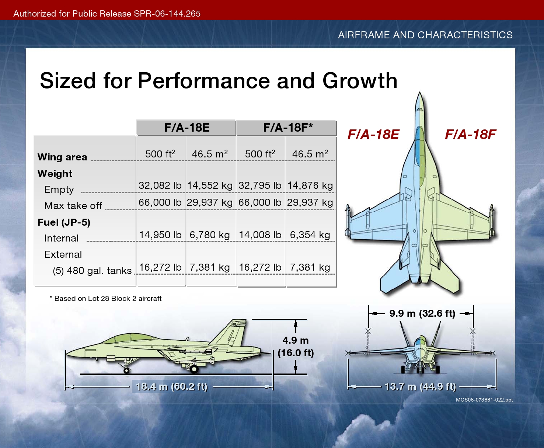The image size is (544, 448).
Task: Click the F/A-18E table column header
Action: (187, 128)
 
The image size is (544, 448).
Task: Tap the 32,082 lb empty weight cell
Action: (160, 185)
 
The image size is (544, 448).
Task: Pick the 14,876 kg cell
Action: (310, 185)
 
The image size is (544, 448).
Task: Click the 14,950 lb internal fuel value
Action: (160, 235)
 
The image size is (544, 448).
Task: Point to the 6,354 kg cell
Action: (310, 235)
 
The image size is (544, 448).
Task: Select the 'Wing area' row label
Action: (62, 157)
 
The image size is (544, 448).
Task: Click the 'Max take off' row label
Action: (73, 206)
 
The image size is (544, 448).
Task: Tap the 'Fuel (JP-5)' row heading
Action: (64, 222)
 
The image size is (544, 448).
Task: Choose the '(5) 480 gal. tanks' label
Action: (93, 271)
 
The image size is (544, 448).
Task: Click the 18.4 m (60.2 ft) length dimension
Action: (171, 386)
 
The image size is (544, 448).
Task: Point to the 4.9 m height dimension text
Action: (296, 340)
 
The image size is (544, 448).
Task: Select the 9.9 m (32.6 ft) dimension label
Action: (422, 313)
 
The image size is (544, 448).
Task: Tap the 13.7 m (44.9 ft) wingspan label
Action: (421, 386)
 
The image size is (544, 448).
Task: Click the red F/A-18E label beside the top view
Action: (373, 135)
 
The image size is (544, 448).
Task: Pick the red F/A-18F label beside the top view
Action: (471, 135)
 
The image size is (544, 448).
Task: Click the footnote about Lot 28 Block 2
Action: (105, 299)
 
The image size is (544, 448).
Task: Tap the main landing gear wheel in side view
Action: (194, 369)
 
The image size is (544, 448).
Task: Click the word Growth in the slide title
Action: (360, 80)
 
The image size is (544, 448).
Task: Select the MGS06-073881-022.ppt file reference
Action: (484, 400)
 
